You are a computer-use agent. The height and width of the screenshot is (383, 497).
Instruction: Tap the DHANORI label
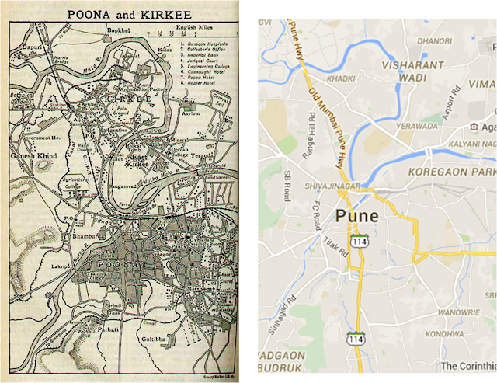[435, 40]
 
